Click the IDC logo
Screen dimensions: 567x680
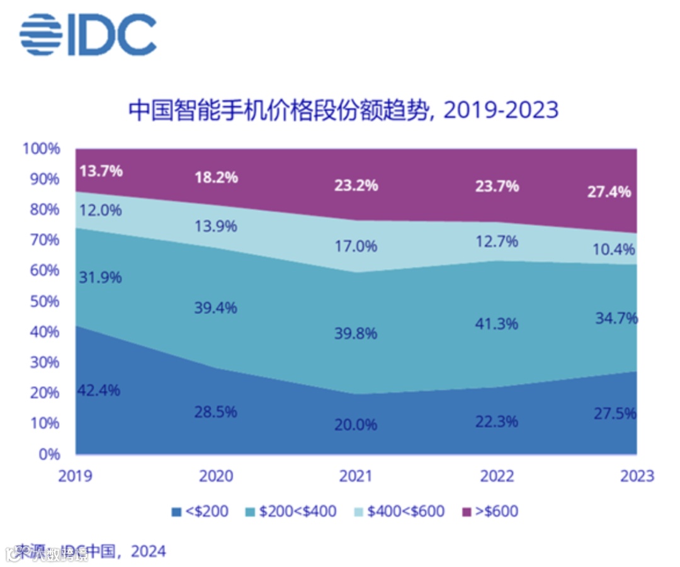tap(88, 34)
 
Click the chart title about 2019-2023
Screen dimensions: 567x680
tap(344, 110)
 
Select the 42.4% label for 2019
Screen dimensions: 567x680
tap(99, 389)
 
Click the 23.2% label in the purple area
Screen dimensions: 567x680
tap(356, 185)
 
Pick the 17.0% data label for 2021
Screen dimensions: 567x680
tap(356, 246)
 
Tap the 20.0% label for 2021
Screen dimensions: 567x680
tap(356, 425)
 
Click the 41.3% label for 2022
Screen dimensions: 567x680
tap(497, 324)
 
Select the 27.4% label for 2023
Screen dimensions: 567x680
tap(609, 192)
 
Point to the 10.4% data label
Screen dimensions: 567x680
tap(614, 250)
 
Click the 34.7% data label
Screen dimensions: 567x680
tap(616, 318)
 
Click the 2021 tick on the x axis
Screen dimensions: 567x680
tap(356, 475)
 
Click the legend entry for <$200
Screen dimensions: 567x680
tap(200, 511)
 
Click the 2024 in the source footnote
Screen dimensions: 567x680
tap(149, 551)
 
